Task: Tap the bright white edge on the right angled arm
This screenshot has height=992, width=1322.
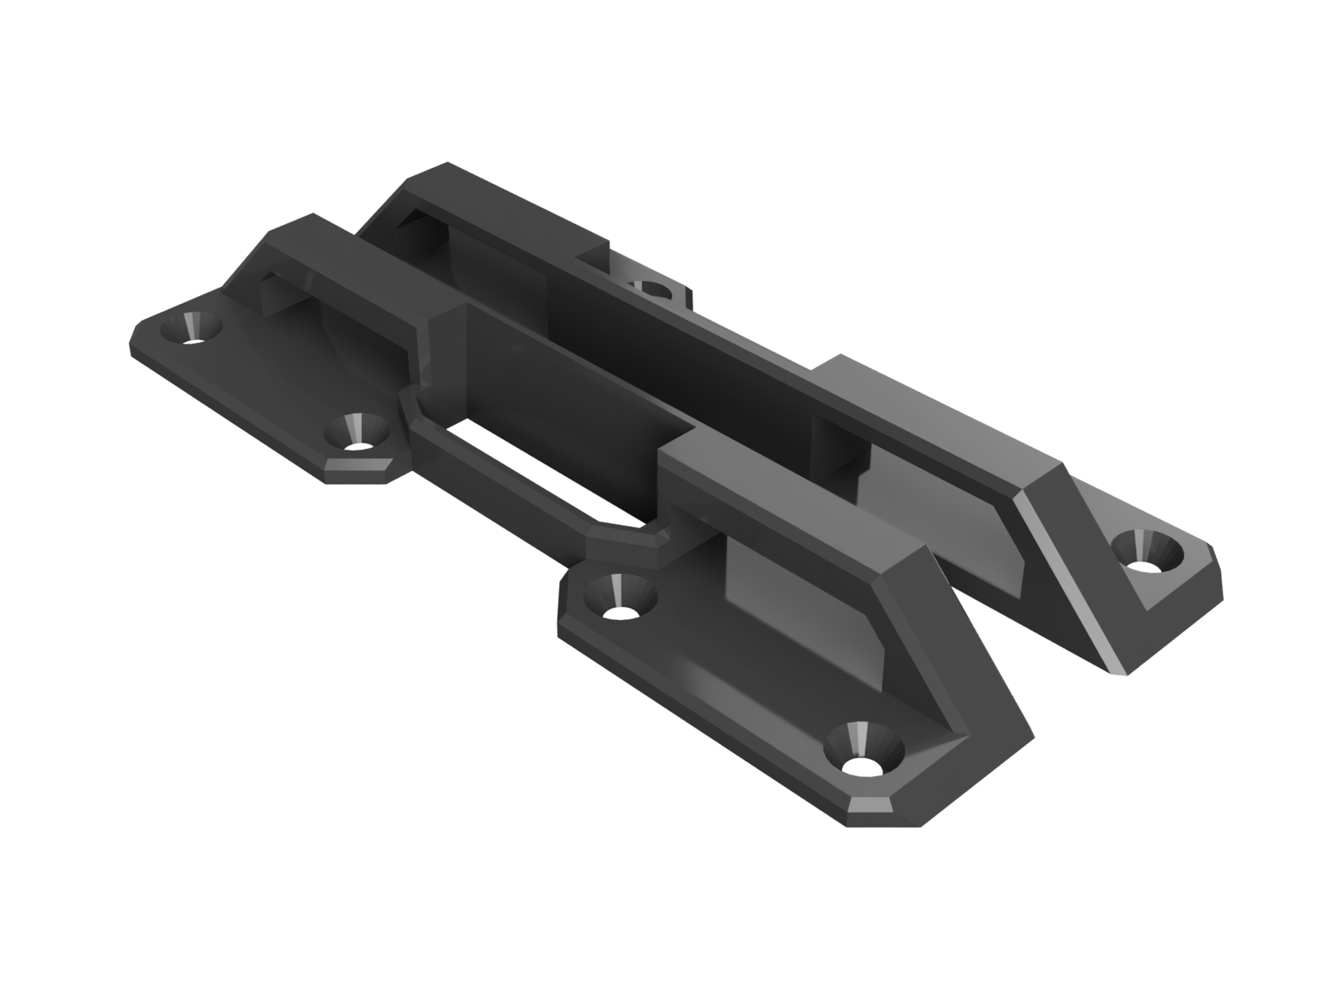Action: [x=1066, y=579]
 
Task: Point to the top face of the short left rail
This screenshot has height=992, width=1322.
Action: [x=347, y=248]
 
